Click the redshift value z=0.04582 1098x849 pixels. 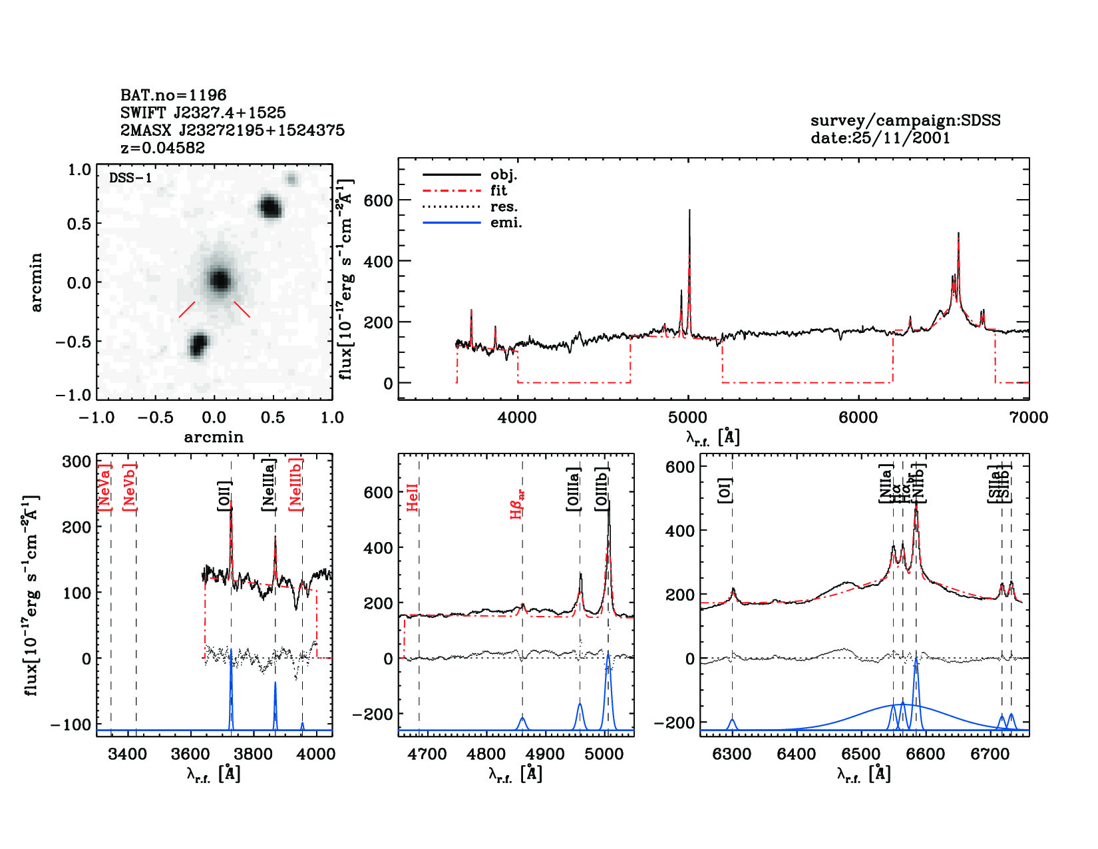coord(162,148)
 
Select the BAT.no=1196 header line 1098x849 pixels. coord(173,95)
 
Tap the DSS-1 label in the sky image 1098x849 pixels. coord(130,178)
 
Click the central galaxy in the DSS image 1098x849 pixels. coord(219,280)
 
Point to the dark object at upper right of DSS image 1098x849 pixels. coord(270,207)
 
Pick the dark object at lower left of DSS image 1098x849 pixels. coord(198,346)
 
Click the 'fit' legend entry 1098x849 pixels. coord(498,190)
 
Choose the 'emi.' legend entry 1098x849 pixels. coord(506,223)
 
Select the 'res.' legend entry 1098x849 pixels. coord(504,206)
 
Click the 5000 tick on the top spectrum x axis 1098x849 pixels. coord(687,418)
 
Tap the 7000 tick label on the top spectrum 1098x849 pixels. coord(1028,418)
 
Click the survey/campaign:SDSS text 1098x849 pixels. coord(905,121)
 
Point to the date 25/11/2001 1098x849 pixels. coord(880,138)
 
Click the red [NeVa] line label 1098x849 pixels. coord(105,487)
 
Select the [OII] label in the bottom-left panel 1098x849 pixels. coord(225,496)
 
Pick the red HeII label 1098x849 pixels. coord(413,497)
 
